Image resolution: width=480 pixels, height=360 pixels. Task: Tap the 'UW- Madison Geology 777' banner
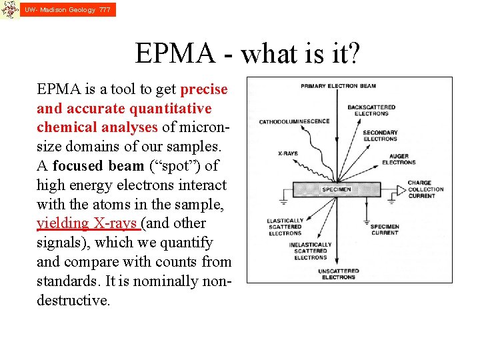(x=67, y=10)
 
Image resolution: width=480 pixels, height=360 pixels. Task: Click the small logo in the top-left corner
(x=9, y=9)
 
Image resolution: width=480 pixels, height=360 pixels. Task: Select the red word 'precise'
(x=204, y=89)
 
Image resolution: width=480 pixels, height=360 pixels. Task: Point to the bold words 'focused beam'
(x=98, y=166)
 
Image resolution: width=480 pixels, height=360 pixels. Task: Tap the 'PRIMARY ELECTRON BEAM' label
(x=338, y=86)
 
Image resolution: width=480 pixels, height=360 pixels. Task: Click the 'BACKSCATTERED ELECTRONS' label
(x=371, y=110)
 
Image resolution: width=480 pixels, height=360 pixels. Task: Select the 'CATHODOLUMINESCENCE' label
(x=294, y=121)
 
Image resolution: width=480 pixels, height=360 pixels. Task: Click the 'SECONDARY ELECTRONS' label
(x=380, y=135)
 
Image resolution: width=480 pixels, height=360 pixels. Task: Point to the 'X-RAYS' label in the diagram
(x=287, y=154)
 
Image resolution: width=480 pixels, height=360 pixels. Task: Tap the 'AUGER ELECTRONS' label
(x=399, y=159)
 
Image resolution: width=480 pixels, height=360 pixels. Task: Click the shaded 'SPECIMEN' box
(x=336, y=189)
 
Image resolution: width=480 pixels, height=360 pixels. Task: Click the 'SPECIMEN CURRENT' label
(x=384, y=229)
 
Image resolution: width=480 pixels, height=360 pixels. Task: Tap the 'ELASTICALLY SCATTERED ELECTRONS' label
(x=285, y=227)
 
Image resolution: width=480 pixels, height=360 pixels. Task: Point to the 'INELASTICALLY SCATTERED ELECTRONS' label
(x=310, y=251)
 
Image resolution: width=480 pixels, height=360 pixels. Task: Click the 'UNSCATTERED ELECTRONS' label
(x=338, y=274)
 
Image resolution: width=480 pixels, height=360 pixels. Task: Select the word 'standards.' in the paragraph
(x=66, y=281)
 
